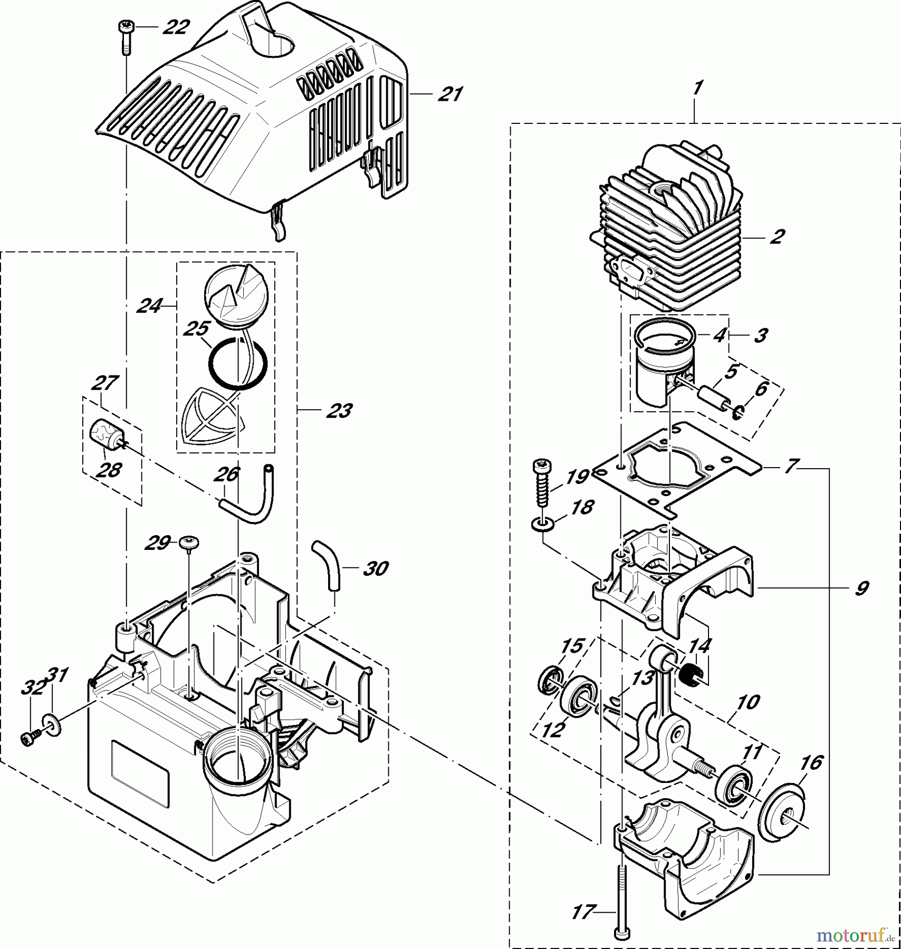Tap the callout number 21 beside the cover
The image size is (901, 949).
point(449,94)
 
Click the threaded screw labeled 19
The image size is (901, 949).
point(543,482)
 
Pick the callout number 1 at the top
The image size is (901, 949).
point(697,89)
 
